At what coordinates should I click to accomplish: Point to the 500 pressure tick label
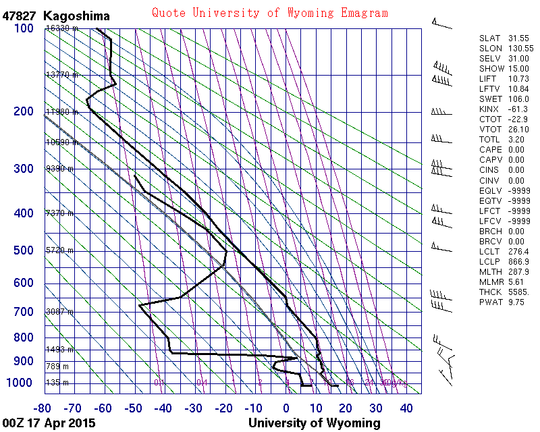tap(24, 251)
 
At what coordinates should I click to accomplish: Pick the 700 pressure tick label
tap(24, 312)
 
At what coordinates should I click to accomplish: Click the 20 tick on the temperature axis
tap(346, 408)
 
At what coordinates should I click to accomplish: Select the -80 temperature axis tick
tap(43, 408)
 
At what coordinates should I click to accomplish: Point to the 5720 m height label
tap(59, 250)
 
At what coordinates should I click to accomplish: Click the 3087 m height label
tap(59, 311)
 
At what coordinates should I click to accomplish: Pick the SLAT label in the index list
tap(489, 38)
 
